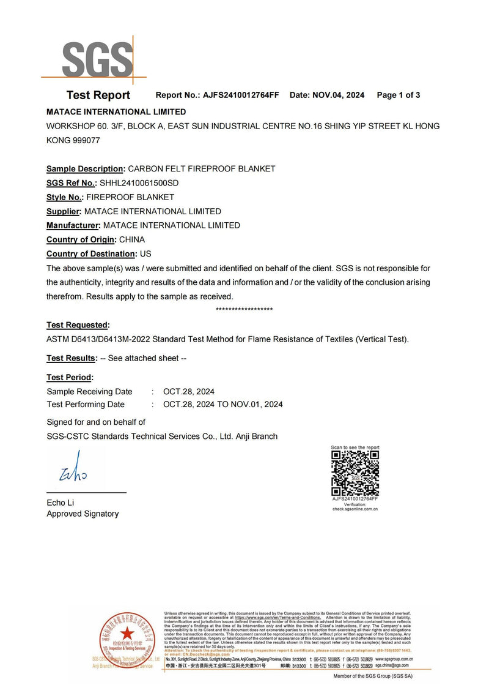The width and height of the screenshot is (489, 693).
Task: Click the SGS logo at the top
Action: coord(97,59)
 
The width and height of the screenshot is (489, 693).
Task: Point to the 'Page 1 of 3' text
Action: coord(398,95)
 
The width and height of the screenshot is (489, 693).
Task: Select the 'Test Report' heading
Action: coord(98,95)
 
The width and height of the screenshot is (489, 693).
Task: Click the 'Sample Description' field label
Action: coord(85,168)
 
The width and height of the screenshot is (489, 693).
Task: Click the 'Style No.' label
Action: coord(64,197)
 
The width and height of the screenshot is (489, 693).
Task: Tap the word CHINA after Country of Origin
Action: coord(132,239)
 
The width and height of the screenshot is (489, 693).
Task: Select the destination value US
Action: coord(146,253)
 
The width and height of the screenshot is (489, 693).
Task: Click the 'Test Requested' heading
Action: coord(78,325)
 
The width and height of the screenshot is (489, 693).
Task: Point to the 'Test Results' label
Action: coord(72,358)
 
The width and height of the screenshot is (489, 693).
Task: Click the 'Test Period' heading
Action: coord(70,378)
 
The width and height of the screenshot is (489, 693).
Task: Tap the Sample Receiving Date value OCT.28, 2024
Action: coord(189,392)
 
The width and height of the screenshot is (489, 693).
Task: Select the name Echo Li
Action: coord(61,503)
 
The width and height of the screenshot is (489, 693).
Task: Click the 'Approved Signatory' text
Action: coord(83,514)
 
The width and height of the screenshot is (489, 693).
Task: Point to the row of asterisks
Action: coord(244,310)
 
